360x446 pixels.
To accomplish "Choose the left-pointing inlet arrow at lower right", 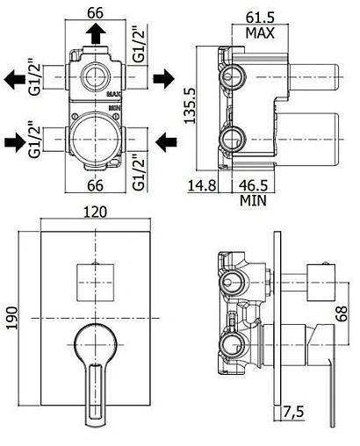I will [164, 138].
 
